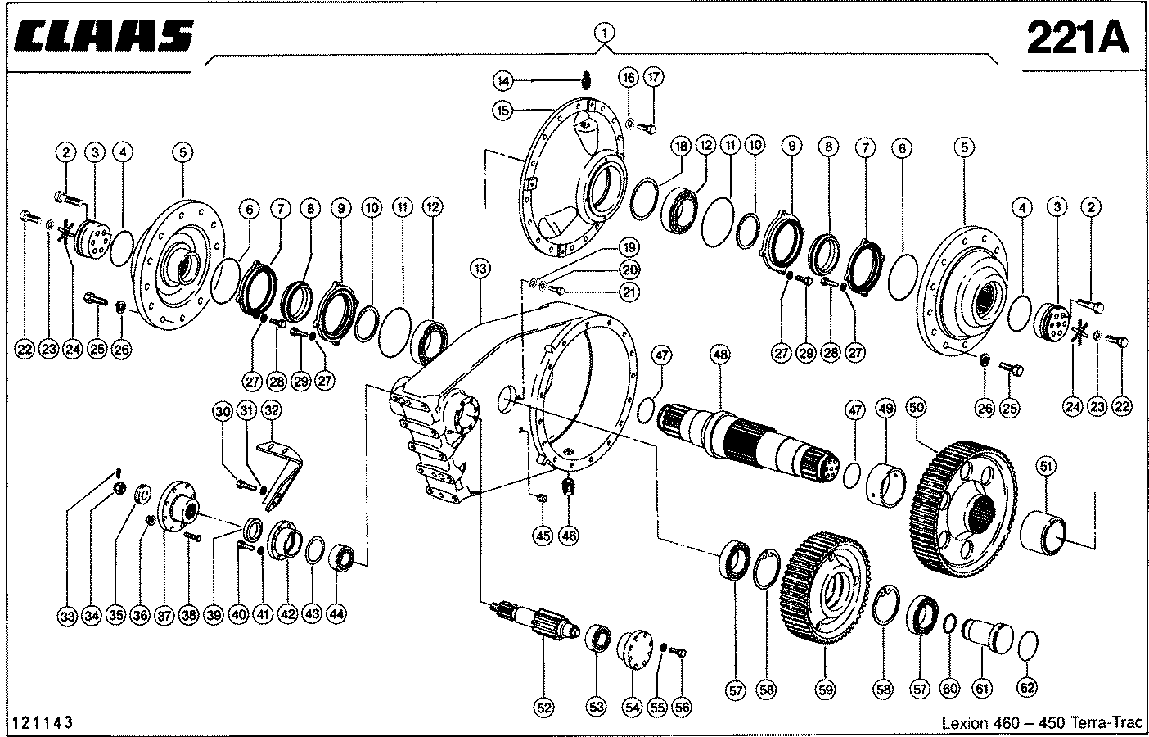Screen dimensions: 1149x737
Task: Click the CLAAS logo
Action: point(103,36)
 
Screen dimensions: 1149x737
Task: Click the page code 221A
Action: point(1078,38)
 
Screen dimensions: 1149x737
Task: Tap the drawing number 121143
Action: point(43,722)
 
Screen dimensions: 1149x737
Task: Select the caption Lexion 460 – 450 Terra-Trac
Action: point(1042,722)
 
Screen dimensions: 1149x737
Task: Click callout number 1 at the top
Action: point(604,33)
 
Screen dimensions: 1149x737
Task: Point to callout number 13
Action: point(480,269)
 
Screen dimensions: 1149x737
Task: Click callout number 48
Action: point(720,354)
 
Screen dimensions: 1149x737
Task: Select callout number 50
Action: point(916,408)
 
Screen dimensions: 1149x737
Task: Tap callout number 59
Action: point(826,690)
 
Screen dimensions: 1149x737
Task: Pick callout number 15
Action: point(502,111)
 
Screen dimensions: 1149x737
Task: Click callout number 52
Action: point(543,708)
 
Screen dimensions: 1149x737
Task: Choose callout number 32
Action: point(272,410)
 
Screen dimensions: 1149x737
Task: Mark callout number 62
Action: point(1027,688)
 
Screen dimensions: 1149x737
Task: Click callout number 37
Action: point(164,615)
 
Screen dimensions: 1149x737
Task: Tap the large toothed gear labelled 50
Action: point(964,508)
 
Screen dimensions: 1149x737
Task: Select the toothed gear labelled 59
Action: point(826,588)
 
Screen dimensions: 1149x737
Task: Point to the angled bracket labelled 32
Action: point(281,475)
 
